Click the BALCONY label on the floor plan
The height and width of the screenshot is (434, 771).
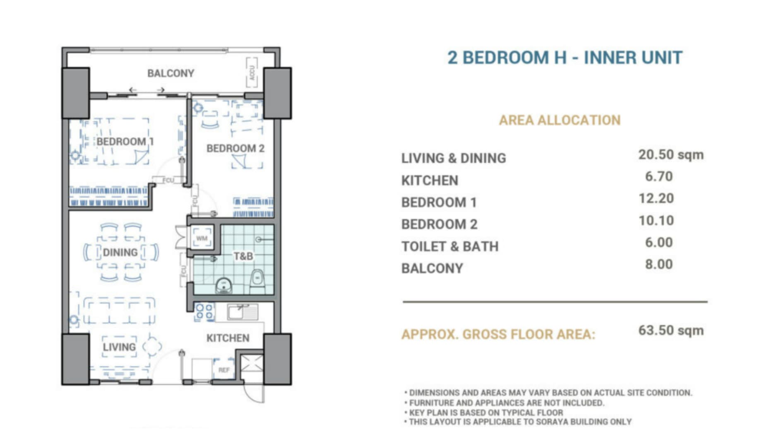pos(171,73)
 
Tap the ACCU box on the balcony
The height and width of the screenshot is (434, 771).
pos(252,73)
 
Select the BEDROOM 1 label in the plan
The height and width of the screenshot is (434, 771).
pos(125,142)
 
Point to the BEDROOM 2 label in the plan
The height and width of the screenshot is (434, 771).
pos(235,148)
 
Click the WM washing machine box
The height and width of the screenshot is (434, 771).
pos(202,238)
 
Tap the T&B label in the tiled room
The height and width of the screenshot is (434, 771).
pos(243,256)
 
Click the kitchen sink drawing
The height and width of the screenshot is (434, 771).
pos(243,312)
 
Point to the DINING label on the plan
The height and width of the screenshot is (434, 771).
pos(120,252)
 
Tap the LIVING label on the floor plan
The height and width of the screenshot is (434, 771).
pos(119,347)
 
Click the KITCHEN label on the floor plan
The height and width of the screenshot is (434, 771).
pos(228,338)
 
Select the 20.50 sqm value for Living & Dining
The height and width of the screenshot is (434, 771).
pos(671,155)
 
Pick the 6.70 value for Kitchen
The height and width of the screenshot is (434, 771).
pos(659,176)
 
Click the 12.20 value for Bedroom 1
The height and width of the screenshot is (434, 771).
pos(656,198)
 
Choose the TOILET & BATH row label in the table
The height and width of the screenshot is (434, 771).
pos(450,246)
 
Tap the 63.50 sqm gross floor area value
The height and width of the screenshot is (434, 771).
pos(671,330)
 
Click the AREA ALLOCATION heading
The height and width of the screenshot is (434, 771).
pos(560,120)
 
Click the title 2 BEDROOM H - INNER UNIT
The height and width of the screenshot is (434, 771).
pos(565,58)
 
